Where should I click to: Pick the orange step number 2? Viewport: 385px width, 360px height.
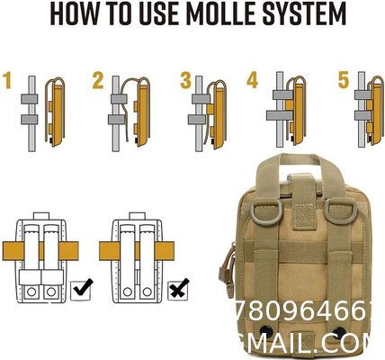coord(97,81)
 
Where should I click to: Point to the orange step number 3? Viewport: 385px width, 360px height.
coord(185,81)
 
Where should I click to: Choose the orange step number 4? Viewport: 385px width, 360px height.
coord(253,80)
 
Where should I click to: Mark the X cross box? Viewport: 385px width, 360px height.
coord(177,289)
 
